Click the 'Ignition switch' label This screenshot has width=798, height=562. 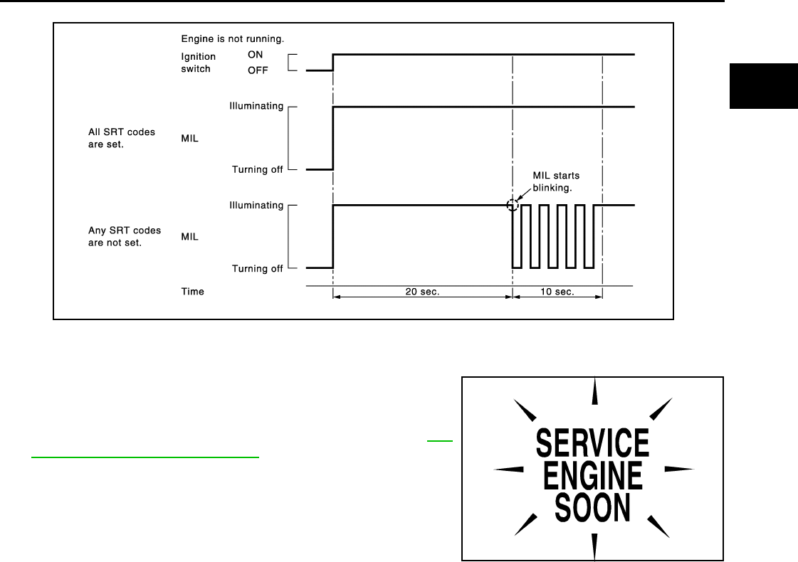click(x=196, y=63)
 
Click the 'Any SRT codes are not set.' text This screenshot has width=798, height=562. click(x=125, y=236)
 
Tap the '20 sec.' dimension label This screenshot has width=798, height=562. click(x=422, y=292)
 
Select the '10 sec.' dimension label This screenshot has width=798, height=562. click(x=558, y=292)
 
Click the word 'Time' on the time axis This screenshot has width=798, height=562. click(x=192, y=291)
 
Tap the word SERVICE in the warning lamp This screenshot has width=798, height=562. click(x=592, y=442)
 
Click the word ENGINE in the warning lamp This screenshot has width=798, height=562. click(x=593, y=475)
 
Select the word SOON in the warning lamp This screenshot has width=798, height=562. click(x=592, y=507)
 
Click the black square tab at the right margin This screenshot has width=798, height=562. click(x=763, y=85)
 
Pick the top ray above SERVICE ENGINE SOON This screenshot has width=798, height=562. click(x=594, y=393)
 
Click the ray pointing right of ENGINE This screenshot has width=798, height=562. click(x=678, y=470)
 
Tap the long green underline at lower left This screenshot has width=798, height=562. click(x=145, y=457)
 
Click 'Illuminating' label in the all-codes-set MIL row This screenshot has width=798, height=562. click(x=256, y=106)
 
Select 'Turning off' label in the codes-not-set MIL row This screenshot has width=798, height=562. click(x=257, y=268)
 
